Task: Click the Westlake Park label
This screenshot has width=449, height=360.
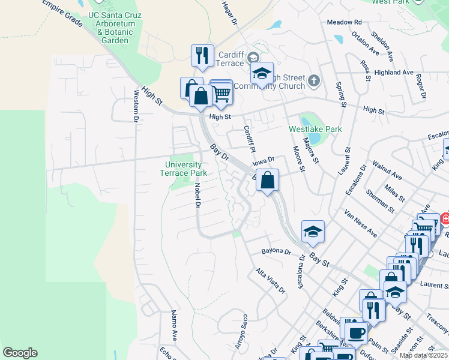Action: tap(315, 129)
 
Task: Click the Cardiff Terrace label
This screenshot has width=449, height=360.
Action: tap(229, 58)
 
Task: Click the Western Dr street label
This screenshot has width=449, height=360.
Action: tap(136, 105)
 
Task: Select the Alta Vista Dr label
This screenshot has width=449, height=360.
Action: tap(271, 280)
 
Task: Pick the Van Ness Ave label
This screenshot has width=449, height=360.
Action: tap(360, 223)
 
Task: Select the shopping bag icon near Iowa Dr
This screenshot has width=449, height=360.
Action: tap(268, 180)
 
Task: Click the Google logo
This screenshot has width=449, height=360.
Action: tap(20, 353)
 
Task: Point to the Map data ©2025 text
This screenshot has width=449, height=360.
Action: tap(423, 355)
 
